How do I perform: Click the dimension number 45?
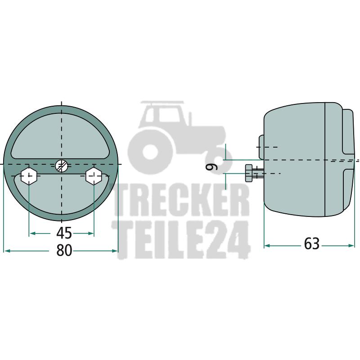(x=64, y=233)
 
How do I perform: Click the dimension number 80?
(x=64, y=251)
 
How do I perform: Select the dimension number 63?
(x=311, y=244)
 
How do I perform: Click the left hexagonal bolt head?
(x=29, y=176)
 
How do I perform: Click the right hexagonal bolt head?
(x=94, y=176)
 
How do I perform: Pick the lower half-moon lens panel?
(x=61, y=195)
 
